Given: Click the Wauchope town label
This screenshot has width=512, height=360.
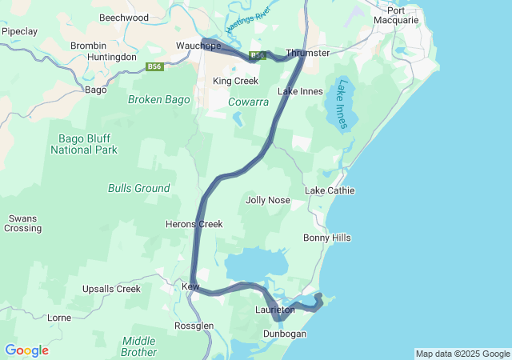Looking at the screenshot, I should [198, 46].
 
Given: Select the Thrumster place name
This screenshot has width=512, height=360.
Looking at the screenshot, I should [307, 53].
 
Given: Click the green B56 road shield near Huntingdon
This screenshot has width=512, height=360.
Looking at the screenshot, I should [155, 66].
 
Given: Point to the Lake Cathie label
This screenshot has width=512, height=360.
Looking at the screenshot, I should [330, 190].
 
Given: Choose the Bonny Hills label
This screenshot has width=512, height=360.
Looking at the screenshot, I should [326, 238].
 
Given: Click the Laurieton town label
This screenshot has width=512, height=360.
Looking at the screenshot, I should [275, 309].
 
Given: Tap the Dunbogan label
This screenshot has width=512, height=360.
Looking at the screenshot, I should [285, 334].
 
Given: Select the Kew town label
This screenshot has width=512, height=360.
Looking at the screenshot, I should [190, 286].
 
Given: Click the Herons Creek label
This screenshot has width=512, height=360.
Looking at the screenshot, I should [194, 224].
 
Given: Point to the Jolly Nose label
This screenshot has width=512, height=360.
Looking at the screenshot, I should [268, 200].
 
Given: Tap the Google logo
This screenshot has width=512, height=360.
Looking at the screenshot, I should [26, 350].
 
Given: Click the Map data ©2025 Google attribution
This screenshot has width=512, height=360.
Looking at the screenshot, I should [462, 354].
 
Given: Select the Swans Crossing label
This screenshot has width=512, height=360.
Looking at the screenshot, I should [22, 223].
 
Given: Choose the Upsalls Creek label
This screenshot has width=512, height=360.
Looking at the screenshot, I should [110, 289].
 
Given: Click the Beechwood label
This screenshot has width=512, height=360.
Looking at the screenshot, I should [124, 17].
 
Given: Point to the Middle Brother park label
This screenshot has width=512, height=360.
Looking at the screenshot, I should [138, 346].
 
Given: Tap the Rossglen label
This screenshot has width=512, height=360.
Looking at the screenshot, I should [194, 326].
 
